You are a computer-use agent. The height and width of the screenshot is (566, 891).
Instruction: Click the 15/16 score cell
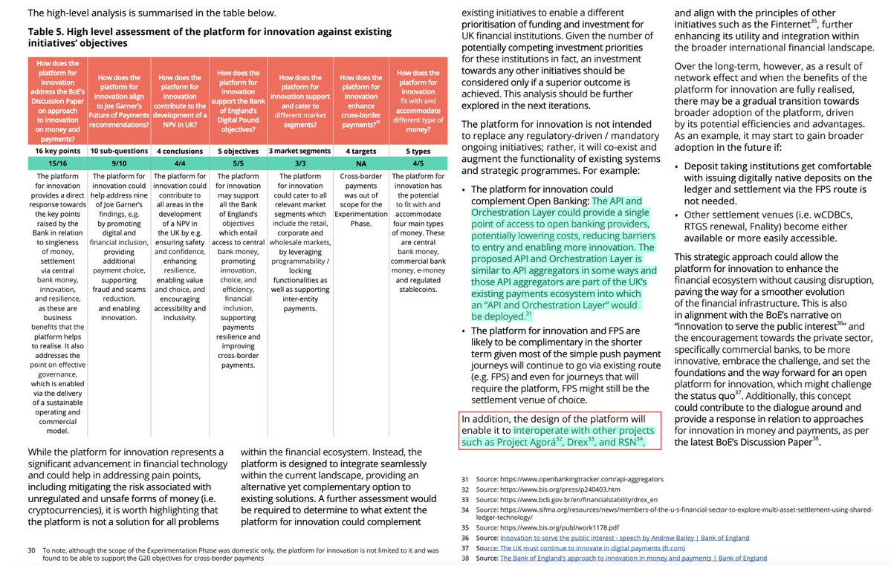(56, 162)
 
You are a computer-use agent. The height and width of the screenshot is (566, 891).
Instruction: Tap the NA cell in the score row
(361, 162)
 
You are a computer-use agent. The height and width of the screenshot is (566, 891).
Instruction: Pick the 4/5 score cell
(418, 162)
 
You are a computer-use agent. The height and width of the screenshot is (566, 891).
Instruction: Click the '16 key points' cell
(56, 151)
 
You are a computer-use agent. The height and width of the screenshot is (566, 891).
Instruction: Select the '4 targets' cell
(361, 151)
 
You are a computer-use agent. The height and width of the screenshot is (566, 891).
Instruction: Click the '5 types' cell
(418, 151)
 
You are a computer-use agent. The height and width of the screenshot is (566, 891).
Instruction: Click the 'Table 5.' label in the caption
(49, 32)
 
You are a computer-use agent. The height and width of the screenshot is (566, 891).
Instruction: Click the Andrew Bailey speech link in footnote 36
(624, 538)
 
